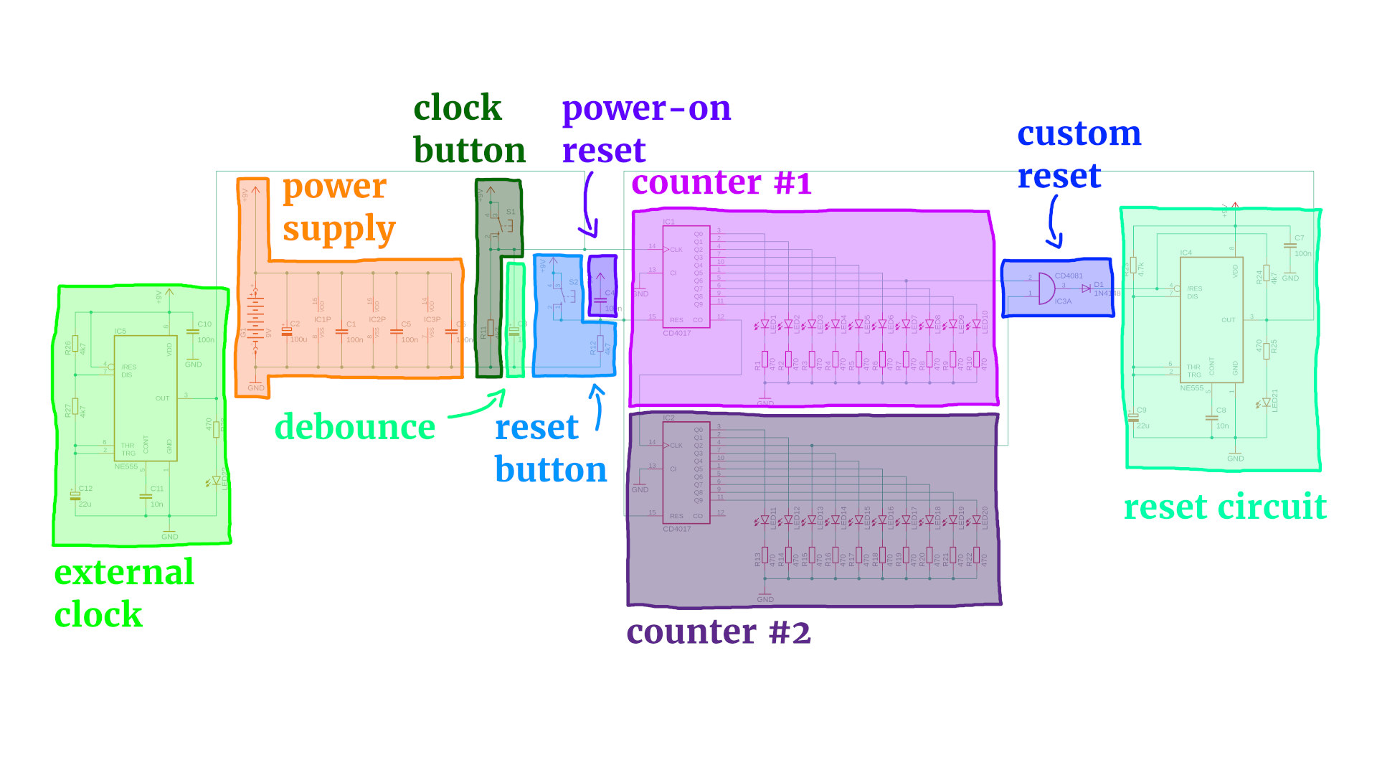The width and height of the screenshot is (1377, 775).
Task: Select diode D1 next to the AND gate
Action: point(1086,288)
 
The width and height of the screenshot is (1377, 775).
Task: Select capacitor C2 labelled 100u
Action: point(287,331)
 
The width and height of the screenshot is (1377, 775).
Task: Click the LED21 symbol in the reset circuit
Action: point(1266,403)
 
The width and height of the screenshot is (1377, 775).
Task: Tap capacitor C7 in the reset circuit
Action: point(1290,245)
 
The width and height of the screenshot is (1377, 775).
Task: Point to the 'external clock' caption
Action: point(123,593)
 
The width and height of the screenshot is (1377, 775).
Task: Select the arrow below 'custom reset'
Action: point(1054,222)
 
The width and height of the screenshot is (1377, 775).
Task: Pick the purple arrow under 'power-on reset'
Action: point(588,205)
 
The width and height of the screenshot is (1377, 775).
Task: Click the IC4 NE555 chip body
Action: point(1211,319)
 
